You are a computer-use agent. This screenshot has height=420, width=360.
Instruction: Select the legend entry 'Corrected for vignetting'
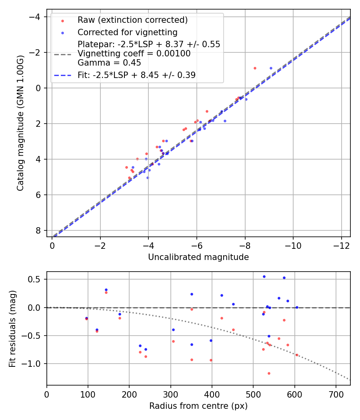point(127,32)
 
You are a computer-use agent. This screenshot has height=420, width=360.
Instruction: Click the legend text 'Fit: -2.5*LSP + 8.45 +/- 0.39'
point(136,75)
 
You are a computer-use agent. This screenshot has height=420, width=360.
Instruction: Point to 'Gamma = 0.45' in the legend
point(109,63)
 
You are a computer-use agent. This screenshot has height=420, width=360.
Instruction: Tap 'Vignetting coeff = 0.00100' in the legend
point(134,54)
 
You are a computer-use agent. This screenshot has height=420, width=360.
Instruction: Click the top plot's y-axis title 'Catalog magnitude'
point(20,123)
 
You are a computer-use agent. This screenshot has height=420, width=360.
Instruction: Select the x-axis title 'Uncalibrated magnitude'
point(198,257)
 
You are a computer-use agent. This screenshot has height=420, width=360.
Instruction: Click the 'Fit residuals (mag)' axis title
point(12,328)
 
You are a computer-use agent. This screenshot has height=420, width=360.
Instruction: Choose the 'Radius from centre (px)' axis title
point(198,406)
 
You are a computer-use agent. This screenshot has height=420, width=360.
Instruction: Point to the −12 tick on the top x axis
point(341,245)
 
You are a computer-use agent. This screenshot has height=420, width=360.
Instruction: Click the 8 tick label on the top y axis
point(38,230)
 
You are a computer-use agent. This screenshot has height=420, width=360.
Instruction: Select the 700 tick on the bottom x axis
point(336,394)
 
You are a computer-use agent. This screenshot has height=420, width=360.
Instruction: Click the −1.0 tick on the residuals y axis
point(34,364)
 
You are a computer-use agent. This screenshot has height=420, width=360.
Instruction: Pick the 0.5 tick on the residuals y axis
point(36,279)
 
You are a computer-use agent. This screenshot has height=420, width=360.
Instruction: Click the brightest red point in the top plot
point(255,68)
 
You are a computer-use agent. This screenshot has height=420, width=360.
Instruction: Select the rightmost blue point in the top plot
point(271,68)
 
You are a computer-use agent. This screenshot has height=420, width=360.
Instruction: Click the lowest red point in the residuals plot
point(269,373)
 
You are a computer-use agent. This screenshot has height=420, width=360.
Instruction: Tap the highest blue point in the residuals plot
point(264,276)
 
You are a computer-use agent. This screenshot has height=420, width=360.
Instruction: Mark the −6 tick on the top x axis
point(196,245)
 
